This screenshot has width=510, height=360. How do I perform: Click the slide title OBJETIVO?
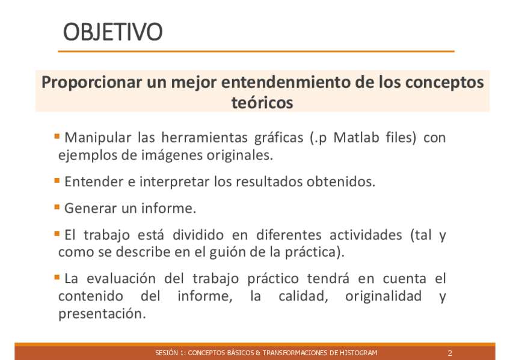(x=112, y=32)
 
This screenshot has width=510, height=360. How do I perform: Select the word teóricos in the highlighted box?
(x=262, y=103)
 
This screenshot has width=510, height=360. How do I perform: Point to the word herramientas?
(x=204, y=137)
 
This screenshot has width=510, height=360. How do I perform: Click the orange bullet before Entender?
(x=57, y=180)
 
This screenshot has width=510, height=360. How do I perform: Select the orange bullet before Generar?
(x=57, y=207)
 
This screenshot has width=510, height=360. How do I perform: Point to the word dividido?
(x=198, y=234)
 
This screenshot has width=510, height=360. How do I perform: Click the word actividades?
(x=366, y=234)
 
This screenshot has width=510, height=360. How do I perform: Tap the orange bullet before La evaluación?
(x=57, y=277)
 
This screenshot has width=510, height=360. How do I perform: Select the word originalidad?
(x=384, y=296)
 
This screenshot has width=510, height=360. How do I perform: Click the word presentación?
(x=102, y=314)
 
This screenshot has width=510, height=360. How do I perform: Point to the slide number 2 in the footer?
(x=450, y=353)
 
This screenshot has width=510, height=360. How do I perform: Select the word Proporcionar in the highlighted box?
(x=92, y=82)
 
